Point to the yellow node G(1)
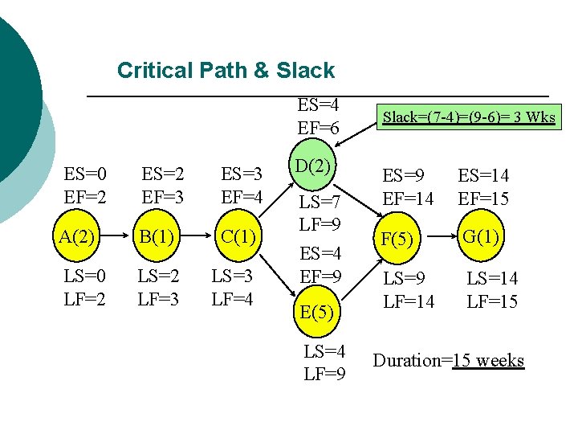(x=482, y=236)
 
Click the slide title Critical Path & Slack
(x=226, y=71)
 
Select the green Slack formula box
(x=469, y=117)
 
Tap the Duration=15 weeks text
(x=449, y=360)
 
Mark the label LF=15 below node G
(x=492, y=302)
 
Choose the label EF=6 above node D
(x=319, y=128)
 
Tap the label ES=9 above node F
(x=403, y=175)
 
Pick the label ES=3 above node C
(x=242, y=175)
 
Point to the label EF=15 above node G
(x=483, y=199)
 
